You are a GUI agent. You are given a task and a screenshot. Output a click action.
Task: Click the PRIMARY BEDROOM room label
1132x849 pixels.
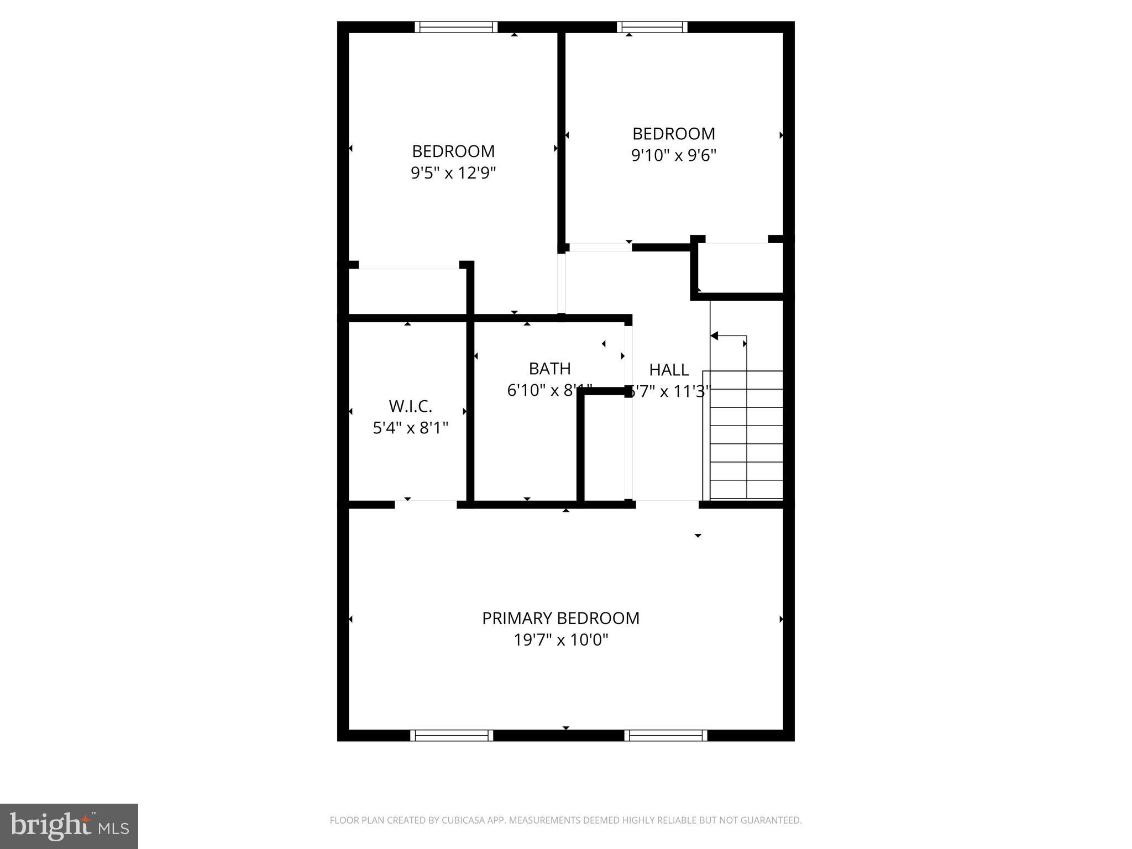(x=560, y=618)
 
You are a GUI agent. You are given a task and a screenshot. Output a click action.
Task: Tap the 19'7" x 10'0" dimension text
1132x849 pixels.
(x=560, y=640)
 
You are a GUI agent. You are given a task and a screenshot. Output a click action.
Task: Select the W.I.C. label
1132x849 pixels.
(x=410, y=406)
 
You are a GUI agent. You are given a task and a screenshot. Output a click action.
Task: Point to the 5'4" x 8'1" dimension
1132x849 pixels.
(x=410, y=428)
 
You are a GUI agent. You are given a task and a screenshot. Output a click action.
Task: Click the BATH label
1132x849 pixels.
(x=549, y=369)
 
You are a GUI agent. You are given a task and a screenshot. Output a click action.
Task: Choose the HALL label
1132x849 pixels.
(x=669, y=370)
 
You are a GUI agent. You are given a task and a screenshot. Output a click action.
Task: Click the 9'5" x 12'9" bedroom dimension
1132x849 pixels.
(x=453, y=173)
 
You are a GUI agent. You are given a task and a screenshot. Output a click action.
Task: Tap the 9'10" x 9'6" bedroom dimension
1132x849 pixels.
(x=673, y=155)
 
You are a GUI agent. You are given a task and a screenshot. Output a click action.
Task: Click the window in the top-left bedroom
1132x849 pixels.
(x=456, y=27)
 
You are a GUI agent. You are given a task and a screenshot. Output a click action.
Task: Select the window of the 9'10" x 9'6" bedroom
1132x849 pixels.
(x=652, y=27)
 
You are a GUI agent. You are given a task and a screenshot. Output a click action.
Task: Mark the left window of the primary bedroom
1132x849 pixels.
(x=452, y=735)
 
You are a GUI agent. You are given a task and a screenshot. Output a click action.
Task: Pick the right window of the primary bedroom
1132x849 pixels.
(x=666, y=735)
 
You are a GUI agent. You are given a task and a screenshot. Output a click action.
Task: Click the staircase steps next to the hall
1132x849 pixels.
(x=746, y=434)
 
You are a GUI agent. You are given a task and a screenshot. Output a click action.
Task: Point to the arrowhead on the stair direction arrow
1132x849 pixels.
(x=714, y=336)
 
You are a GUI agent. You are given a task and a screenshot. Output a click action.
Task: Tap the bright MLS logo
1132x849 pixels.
(x=69, y=826)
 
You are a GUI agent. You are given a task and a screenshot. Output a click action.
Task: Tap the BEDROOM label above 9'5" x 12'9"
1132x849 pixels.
(x=453, y=151)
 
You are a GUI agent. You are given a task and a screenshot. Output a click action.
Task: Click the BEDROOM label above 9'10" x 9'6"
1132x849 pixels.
(x=673, y=134)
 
